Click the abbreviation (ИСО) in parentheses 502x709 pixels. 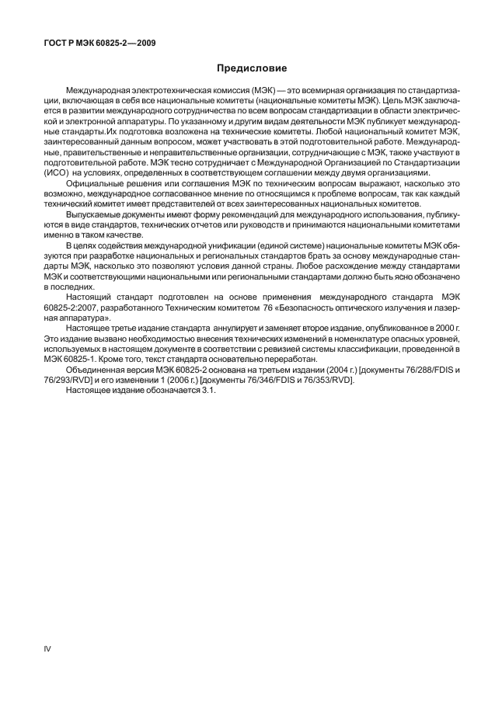click(57, 173)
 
